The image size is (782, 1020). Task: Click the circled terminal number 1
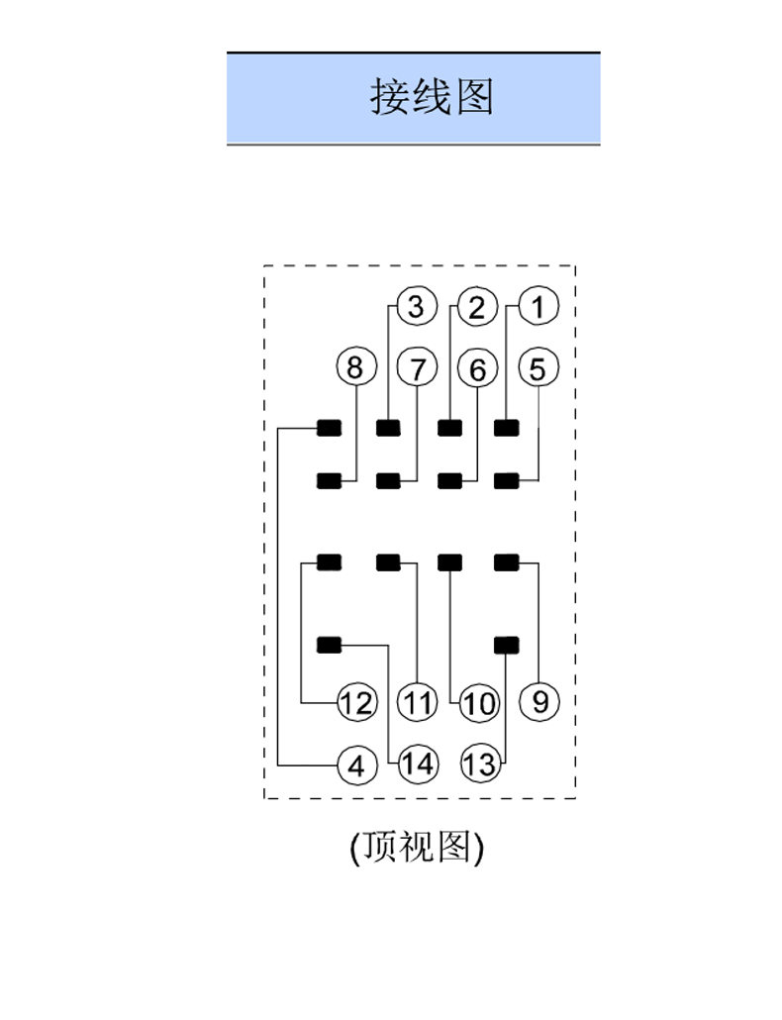(538, 306)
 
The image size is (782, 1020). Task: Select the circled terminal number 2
(477, 307)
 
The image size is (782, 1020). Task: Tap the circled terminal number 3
(416, 307)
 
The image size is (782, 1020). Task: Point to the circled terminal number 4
(356, 765)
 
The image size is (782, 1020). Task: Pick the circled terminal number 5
(538, 368)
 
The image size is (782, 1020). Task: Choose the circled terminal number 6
(477, 369)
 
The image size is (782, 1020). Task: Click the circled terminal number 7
(417, 368)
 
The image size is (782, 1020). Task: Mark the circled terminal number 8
(354, 368)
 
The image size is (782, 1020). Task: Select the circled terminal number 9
(539, 702)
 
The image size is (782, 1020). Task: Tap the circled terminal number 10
(479, 704)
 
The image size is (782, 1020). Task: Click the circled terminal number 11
(418, 704)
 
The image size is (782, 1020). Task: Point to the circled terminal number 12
(356, 704)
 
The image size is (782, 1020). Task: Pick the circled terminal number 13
(479, 765)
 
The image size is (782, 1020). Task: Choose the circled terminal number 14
(418, 765)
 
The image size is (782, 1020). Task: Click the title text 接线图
(432, 97)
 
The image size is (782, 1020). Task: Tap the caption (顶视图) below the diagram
(417, 847)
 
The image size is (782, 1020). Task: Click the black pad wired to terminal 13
(506, 645)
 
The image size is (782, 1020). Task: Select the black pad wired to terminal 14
(329, 645)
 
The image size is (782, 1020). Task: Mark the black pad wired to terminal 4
(329, 428)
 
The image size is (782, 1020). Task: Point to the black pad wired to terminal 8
(329, 481)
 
